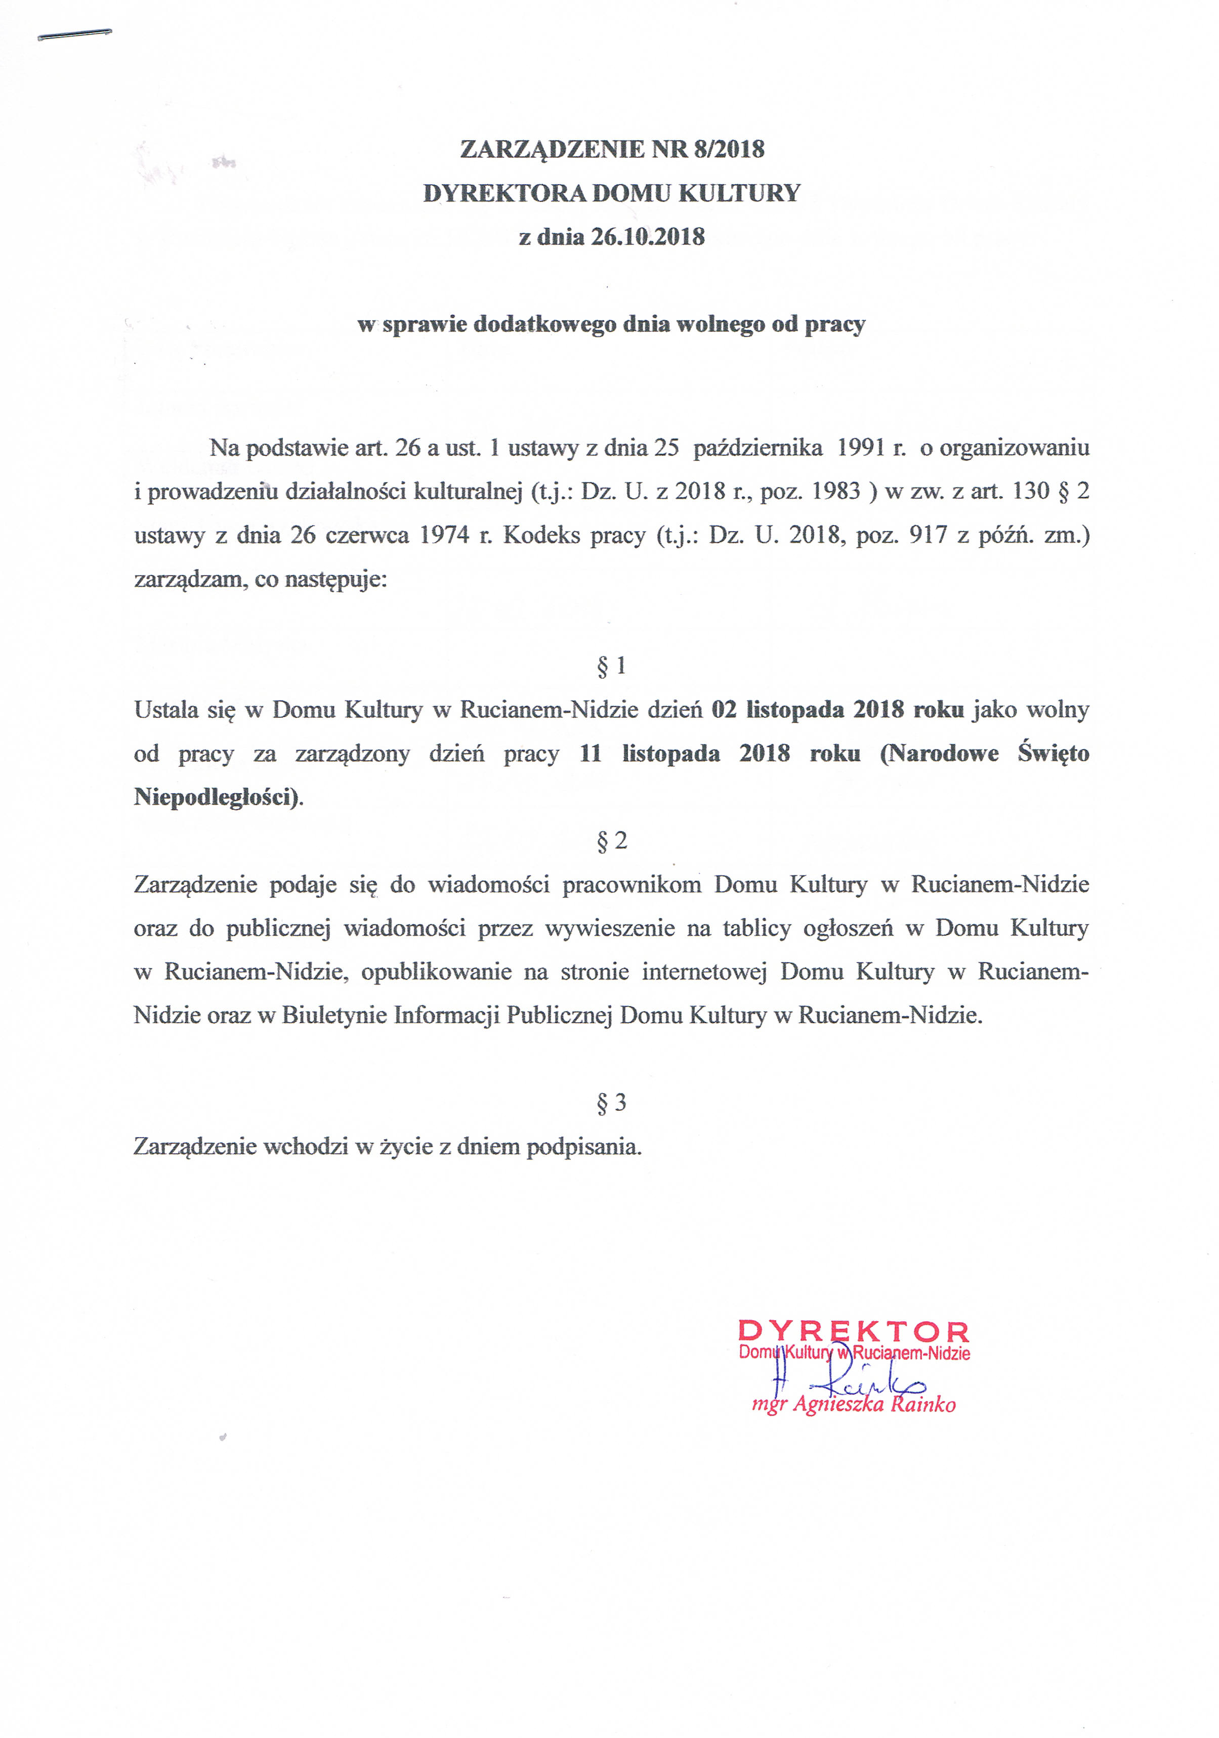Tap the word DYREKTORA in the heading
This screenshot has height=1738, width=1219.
(503, 193)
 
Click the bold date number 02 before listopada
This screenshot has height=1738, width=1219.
(724, 710)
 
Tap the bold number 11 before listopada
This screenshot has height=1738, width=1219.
(591, 754)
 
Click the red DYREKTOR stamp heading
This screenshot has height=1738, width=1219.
(853, 1331)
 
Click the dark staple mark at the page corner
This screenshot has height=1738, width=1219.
(75, 34)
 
